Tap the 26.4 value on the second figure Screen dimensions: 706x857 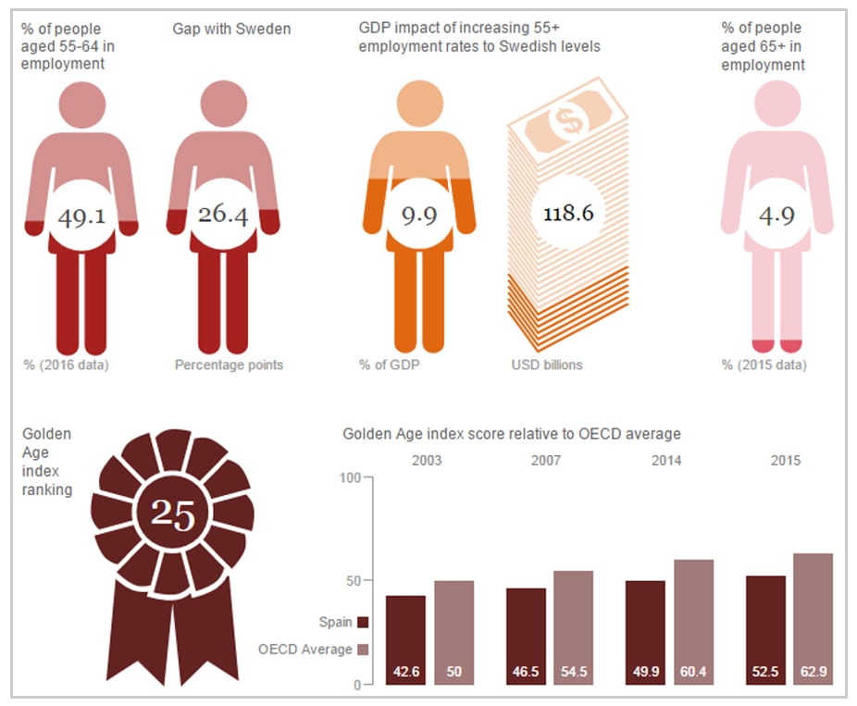pos(223,216)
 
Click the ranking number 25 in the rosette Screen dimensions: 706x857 pos(173,514)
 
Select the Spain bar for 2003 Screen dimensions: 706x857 pos(405,640)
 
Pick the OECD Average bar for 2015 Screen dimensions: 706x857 pos(813,619)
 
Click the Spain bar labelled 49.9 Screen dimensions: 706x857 pos(645,633)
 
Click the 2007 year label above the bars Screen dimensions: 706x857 pos(546,461)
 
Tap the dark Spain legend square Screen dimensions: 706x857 pos(363,623)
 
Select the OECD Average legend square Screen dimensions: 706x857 pos(363,650)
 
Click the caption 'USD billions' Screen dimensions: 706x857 pos(547,365)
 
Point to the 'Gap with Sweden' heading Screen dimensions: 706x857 pos(231,30)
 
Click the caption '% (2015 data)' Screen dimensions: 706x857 pos(764,365)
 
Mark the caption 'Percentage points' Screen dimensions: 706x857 pos(229,365)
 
